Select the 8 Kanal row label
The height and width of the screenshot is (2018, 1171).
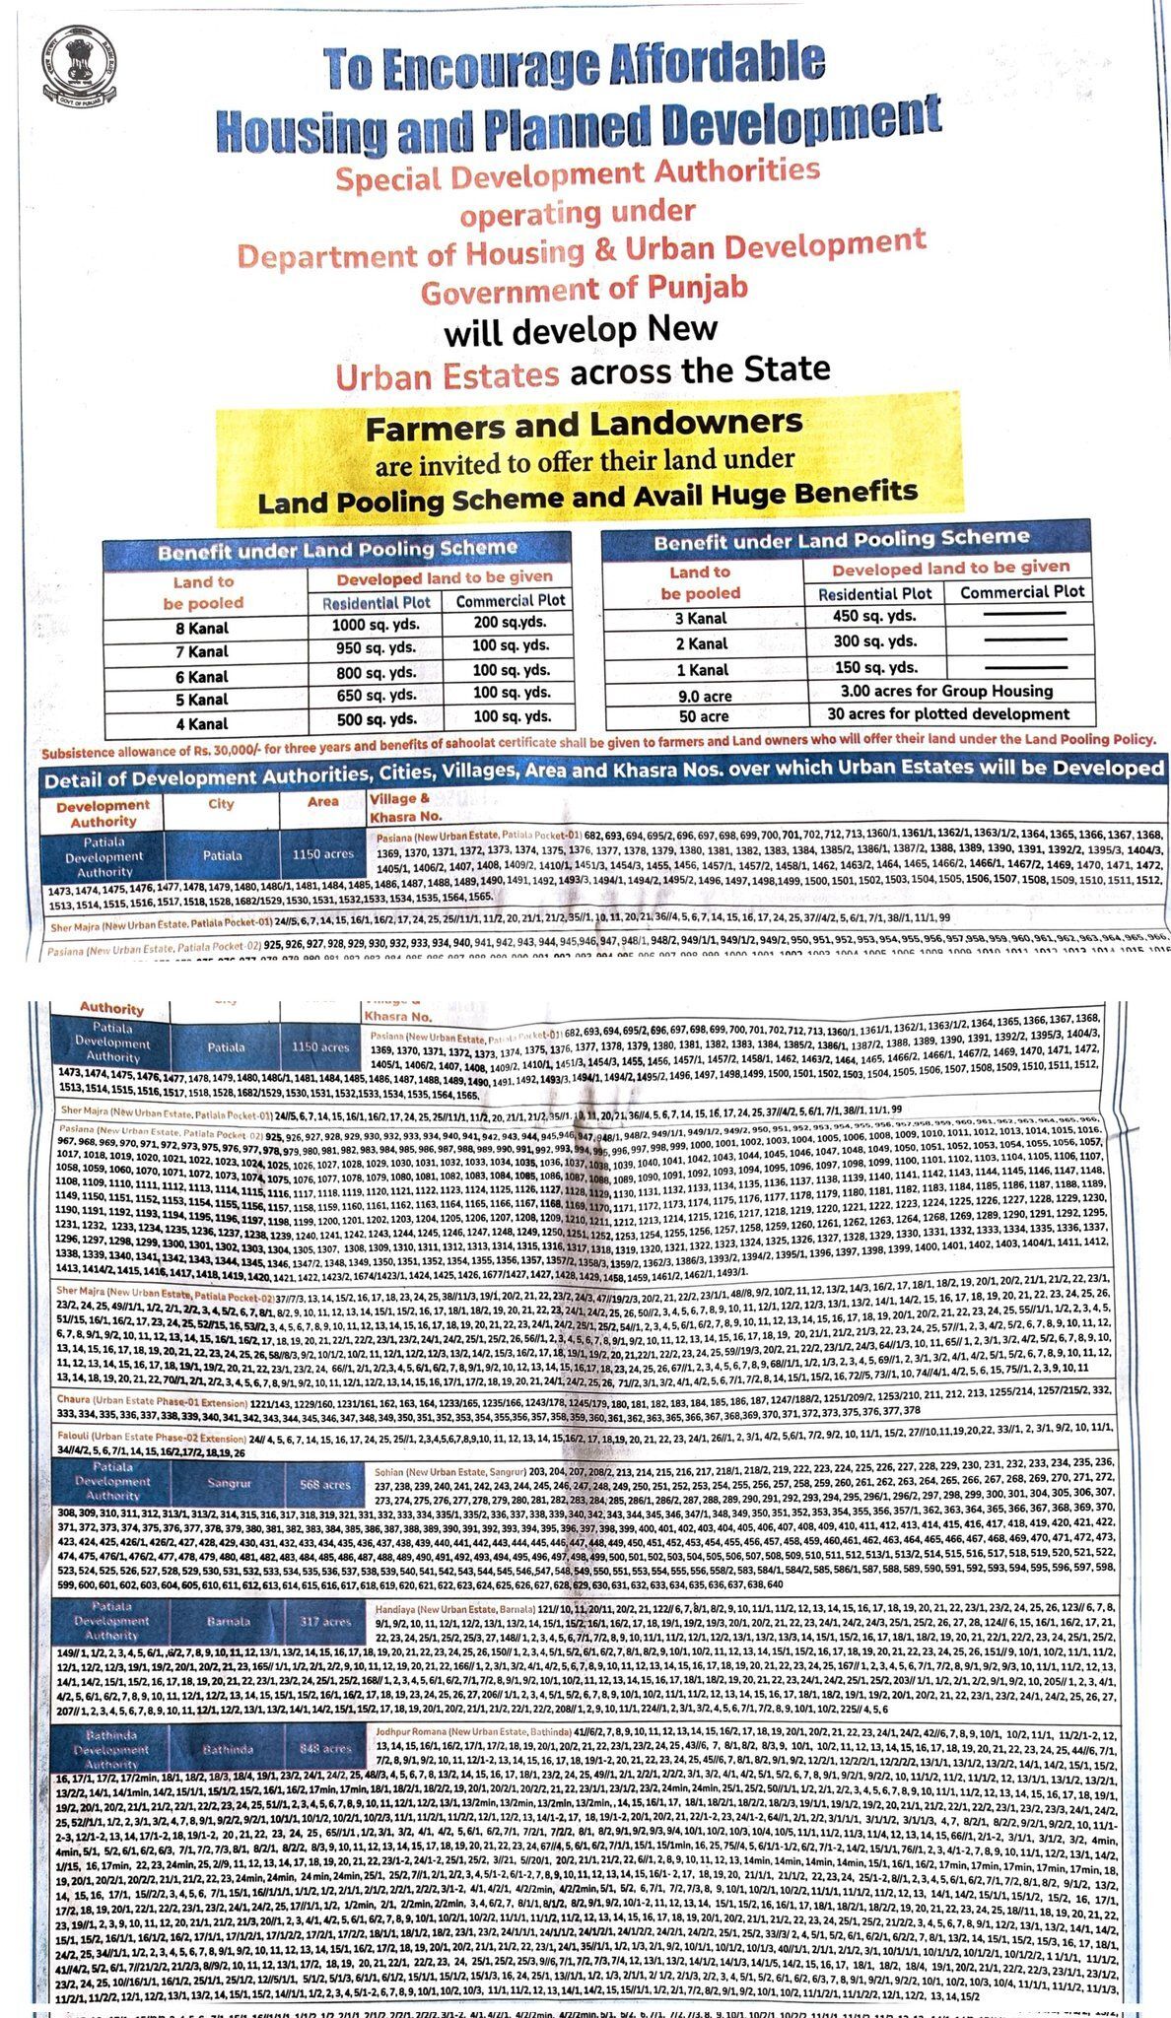click(203, 628)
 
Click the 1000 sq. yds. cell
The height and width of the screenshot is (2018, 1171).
click(376, 626)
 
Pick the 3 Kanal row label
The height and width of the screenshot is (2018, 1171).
click(701, 618)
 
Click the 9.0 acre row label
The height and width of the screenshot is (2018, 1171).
click(701, 695)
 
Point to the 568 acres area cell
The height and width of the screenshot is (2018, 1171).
click(322, 1484)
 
